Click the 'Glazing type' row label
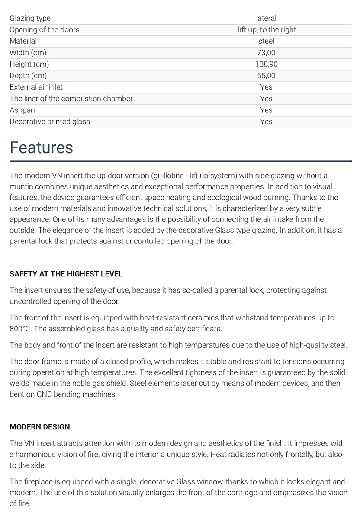[x=30, y=18]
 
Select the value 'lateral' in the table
[x=266, y=18]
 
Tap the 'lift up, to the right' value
[x=267, y=30]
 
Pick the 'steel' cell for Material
[x=266, y=41]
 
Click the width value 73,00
[x=266, y=53]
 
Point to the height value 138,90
[x=266, y=64]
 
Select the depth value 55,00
[x=266, y=76]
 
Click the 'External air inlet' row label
[x=36, y=87]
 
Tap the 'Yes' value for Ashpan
[x=266, y=110]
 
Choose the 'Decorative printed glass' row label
[x=50, y=122]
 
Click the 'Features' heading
[x=41, y=147]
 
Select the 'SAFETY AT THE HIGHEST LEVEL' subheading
[x=66, y=274]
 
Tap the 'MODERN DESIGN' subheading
[x=39, y=427]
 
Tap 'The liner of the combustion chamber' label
[x=71, y=99]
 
